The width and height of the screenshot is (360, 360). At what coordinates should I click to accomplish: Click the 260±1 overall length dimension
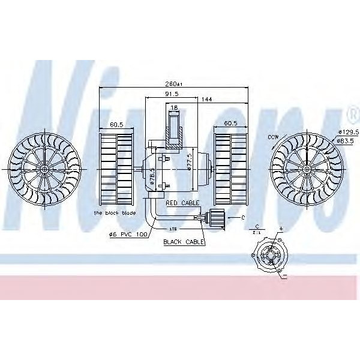[174, 84]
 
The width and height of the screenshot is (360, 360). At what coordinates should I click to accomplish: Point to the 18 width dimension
[174, 108]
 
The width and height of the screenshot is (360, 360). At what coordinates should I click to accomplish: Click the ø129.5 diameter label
[347, 131]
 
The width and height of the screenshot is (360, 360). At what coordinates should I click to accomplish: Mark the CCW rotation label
[274, 137]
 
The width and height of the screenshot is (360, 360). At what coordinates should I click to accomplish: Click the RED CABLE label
[182, 203]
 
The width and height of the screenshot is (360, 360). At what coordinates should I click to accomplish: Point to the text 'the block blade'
[115, 213]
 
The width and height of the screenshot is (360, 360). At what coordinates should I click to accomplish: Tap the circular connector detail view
[271, 256]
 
